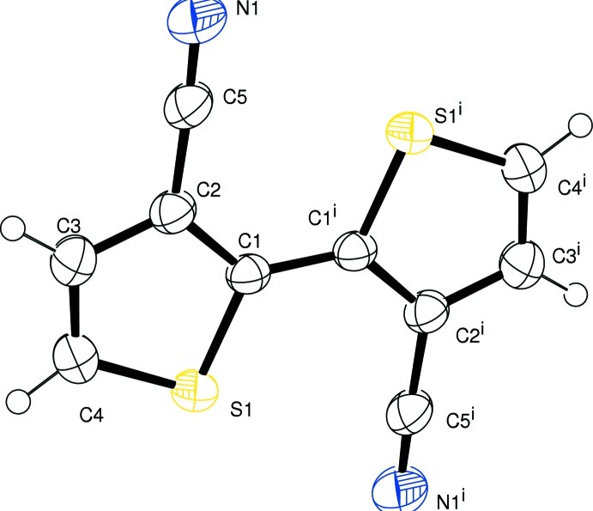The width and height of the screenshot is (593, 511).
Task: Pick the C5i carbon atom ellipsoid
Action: [414, 412]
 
